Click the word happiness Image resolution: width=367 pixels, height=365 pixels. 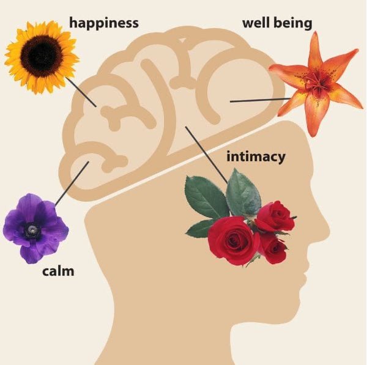[x=103, y=23]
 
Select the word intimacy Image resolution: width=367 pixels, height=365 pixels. [x=256, y=157]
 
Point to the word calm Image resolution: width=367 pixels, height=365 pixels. [x=58, y=270]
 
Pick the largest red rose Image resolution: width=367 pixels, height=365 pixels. [x=232, y=239]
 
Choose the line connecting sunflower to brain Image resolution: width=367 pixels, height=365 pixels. [x=81, y=90]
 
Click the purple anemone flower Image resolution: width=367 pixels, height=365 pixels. [x=35, y=227]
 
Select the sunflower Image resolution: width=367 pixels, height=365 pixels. [x=41, y=56]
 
